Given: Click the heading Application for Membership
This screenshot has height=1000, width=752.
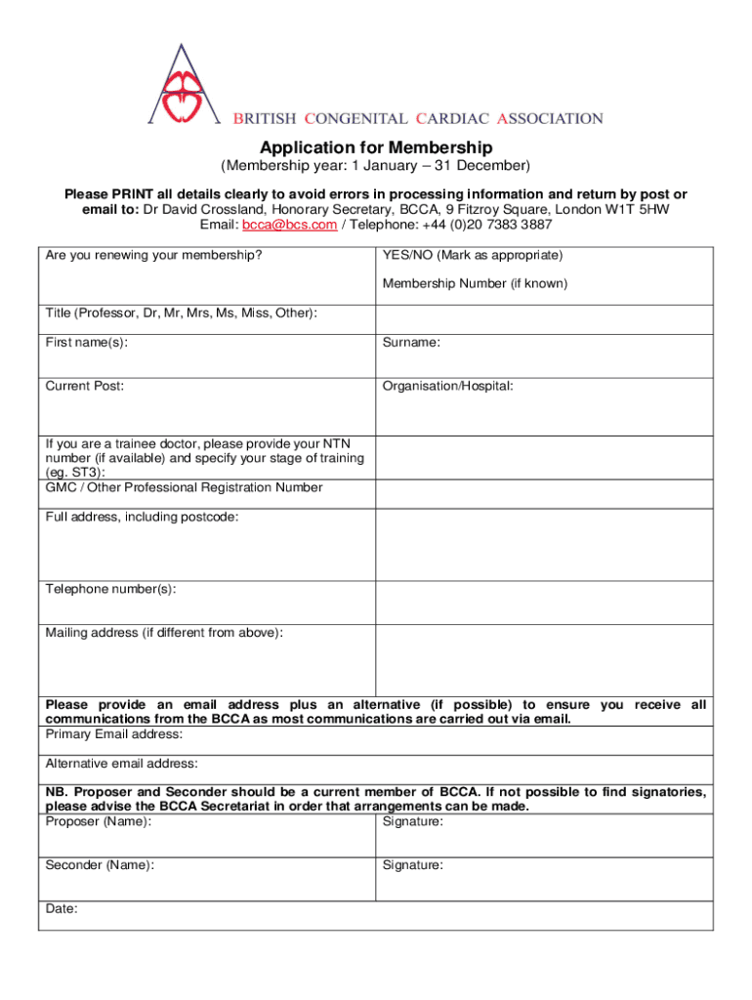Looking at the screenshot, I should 376,148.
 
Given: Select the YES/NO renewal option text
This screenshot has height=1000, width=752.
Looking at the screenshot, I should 472,256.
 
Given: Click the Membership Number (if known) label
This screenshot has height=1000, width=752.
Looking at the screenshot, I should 475,284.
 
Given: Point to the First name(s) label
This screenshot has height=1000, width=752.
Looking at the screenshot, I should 86,343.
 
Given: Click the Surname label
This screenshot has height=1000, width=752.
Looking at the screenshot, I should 411,343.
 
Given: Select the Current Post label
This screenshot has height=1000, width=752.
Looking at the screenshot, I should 85,386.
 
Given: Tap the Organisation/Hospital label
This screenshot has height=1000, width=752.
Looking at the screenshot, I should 447,386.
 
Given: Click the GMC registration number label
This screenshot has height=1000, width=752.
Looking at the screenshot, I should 184,487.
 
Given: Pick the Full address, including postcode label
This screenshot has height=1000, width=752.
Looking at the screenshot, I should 142,517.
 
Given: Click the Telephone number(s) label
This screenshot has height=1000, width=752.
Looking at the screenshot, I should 110,589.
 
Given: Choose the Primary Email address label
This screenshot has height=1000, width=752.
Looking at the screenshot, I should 114,734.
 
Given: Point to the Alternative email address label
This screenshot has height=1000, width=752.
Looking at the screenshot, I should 122,763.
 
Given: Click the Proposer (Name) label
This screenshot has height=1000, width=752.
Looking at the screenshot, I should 98,822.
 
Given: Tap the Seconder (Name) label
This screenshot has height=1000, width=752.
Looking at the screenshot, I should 99,865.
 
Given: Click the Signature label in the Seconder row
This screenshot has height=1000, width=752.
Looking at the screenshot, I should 412,865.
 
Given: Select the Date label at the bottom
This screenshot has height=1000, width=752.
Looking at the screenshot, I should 62,909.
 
